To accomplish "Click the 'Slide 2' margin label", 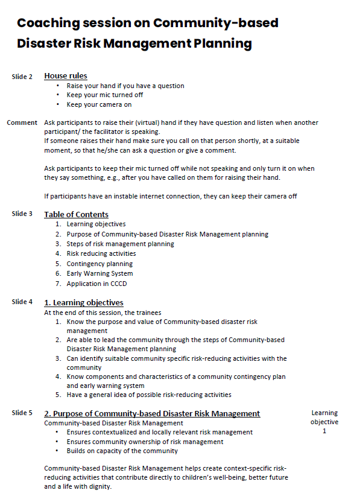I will [x=22, y=77].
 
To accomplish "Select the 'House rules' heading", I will [x=66, y=76].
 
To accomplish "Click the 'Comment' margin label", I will [x=22, y=122].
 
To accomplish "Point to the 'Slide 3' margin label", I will [x=22, y=214].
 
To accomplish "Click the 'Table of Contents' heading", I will [x=76, y=214].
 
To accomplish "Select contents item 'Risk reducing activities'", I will [x=101, y=253].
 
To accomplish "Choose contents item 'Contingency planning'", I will [x=99, y=264].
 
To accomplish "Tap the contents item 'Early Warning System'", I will [x=100, y=273].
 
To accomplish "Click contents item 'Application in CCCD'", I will [x=96, y=284].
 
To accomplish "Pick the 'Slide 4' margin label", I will [x=22, y=302].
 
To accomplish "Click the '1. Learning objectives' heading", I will [x=84, y=302].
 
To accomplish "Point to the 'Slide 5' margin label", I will [x=22, y=413].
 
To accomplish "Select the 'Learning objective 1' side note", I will [x=324, y=422].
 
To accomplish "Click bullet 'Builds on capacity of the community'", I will [x=122, y=451].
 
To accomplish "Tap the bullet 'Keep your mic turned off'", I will [x=104, y=95].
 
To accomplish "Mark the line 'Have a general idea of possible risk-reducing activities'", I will [x=148, y=395].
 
